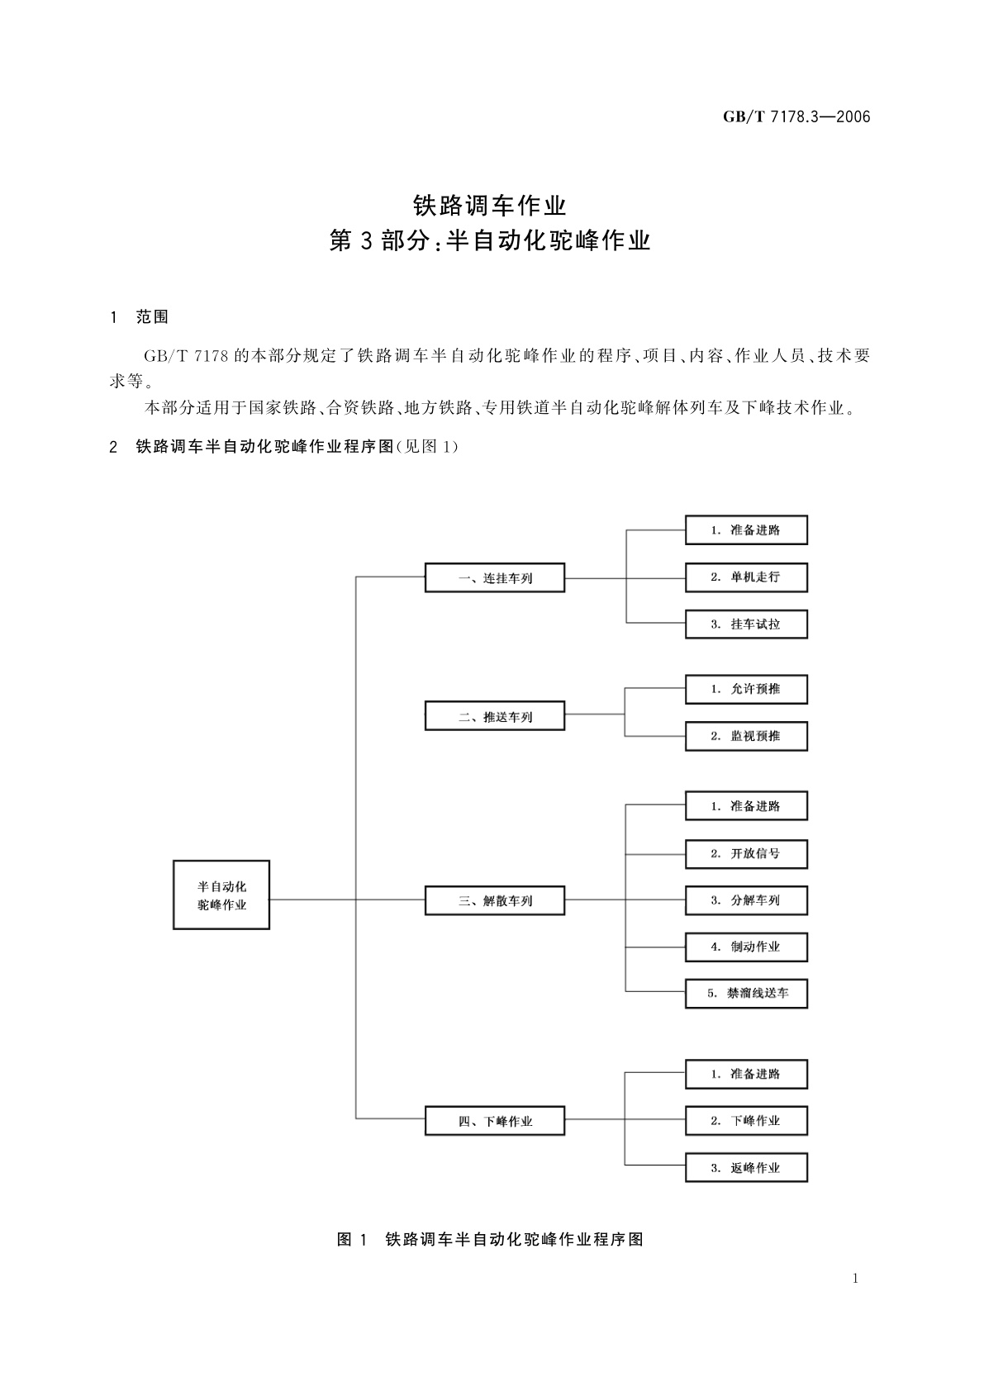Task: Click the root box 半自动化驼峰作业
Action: [221, 895]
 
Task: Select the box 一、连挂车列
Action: [495, 578]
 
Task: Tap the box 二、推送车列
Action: [495, 716]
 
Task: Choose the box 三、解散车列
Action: [495, 900]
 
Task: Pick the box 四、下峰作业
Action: [495, 1121]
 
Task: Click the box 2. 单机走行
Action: [746, 577]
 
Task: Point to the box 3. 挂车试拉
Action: [746, 624]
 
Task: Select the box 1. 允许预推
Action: [746, 689]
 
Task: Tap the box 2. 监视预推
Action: [746, 735]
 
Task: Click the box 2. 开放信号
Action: [746, 853]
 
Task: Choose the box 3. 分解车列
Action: [746, 900]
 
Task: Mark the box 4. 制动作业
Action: [746, 947]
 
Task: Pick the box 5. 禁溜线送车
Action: [746, 993]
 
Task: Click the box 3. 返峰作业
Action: [746, 1168]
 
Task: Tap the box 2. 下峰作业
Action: [746, 1121]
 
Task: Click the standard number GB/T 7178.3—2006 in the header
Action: [796, 116]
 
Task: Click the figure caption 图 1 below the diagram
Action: [490, 1239]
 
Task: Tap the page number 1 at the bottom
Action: [855, 1279]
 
